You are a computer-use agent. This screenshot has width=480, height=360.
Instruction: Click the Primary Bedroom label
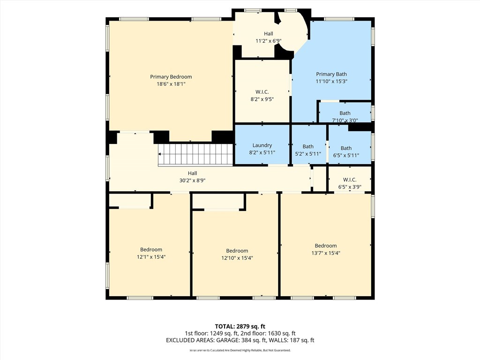click(x=171, y=77)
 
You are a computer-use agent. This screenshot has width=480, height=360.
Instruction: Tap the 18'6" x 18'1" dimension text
click(x=171, y=84)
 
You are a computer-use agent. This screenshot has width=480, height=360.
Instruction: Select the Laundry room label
click(x=262, y=145)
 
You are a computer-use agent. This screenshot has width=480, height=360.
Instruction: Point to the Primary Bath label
click(x=331, y=74)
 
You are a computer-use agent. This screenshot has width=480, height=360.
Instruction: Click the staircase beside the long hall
click(x=195, y=155)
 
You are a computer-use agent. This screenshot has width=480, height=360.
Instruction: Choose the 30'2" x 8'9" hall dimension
click(x=192, y=180)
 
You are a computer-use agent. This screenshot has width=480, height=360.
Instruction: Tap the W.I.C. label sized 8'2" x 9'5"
click(x=262, y=92)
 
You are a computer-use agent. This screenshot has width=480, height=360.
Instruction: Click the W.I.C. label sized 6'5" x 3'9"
click(x=350, y=180)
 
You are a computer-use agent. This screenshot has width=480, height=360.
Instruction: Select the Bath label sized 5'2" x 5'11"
click(x=308, y=147)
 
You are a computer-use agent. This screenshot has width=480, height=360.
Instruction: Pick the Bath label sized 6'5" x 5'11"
click(x=346, y=148)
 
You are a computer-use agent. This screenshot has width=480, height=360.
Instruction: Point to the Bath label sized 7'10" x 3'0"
click(x=345, y=113)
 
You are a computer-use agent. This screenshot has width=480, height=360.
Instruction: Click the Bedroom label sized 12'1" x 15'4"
click(x=151, y=250)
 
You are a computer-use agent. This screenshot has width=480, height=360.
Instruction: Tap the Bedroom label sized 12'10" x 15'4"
click(x=237, y=251)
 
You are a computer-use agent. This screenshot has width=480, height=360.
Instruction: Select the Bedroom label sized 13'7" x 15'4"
click(x=326, y=246)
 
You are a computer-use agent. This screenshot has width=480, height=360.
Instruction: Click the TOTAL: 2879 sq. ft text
click(x=240, y=326)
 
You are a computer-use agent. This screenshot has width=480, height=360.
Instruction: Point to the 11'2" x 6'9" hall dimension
click(x=269, y=41)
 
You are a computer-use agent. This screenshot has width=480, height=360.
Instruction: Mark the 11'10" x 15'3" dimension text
click(x=331, y=82)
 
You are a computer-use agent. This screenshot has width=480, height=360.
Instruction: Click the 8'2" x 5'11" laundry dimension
click(x=262, y=152)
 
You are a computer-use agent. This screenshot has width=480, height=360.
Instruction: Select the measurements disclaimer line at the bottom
click(x=240, y=350)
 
